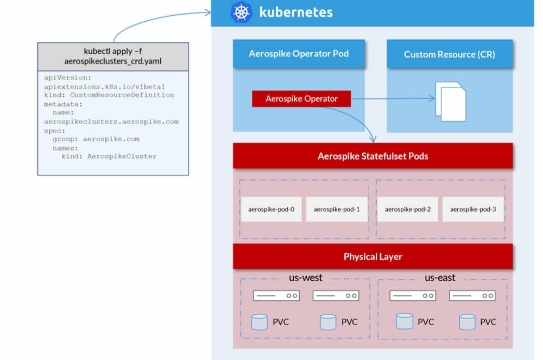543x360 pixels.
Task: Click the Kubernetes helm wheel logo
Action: (x=242, y=12)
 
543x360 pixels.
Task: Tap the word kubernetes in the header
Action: (x=296, y=12)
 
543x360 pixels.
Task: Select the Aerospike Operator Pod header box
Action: (x=299, y=54)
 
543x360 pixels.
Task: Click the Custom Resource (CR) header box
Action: (x=450, y=54)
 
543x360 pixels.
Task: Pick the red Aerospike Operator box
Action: (x=301, y=99)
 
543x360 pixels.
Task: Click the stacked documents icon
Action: (x=451, y=102)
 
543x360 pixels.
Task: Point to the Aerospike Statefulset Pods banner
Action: (x=373, y=156)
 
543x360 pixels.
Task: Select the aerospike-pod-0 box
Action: (x=271, y=209)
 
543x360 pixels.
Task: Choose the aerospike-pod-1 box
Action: (x=337, y=209)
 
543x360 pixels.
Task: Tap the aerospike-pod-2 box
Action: (x=408, y=209)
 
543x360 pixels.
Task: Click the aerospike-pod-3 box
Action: (x=473, y=209)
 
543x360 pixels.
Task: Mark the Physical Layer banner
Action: (x=373, y=256)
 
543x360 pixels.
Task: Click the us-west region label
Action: (x=305, y=277)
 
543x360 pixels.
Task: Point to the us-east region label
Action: (x=440, y=277)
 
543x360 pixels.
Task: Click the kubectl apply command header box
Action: (x=113, y=56)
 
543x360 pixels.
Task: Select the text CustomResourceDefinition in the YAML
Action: (x=122, y=95)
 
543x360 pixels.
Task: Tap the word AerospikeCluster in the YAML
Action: (x=122, y=156)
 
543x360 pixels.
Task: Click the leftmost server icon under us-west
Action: (x=276, y=295)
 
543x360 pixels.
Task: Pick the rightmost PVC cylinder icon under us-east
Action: (x=467, y=322)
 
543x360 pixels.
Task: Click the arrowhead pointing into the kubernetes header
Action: (x=208, y=13)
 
